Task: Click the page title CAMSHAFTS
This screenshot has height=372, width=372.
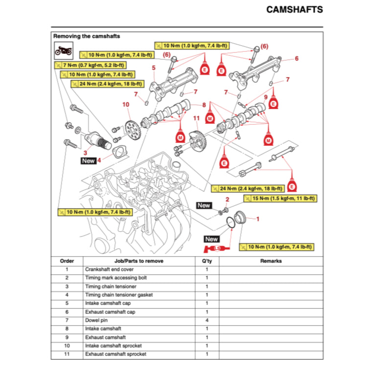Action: (294, 9)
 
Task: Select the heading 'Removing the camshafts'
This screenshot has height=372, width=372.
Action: (86, 36)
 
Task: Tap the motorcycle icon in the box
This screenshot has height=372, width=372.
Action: (63, 50)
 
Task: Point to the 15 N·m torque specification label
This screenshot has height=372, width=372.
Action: (280, 198)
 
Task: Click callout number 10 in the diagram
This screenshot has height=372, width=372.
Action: (126, 104)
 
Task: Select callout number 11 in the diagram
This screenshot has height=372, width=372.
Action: (196, 118)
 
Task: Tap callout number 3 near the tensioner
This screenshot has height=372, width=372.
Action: (85, 153)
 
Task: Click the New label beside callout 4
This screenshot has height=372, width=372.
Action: (89, 161)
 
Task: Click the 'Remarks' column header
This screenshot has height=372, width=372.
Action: (271, 261)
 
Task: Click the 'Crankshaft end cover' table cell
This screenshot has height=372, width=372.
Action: (109, 269)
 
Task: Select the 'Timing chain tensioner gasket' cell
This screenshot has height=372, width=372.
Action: (119, 295)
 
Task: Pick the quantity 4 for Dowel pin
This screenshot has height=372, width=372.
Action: (207, 320)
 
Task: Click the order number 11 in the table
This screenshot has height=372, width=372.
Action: (67, 354)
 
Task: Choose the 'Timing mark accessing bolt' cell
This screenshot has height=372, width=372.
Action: (116, 278)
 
